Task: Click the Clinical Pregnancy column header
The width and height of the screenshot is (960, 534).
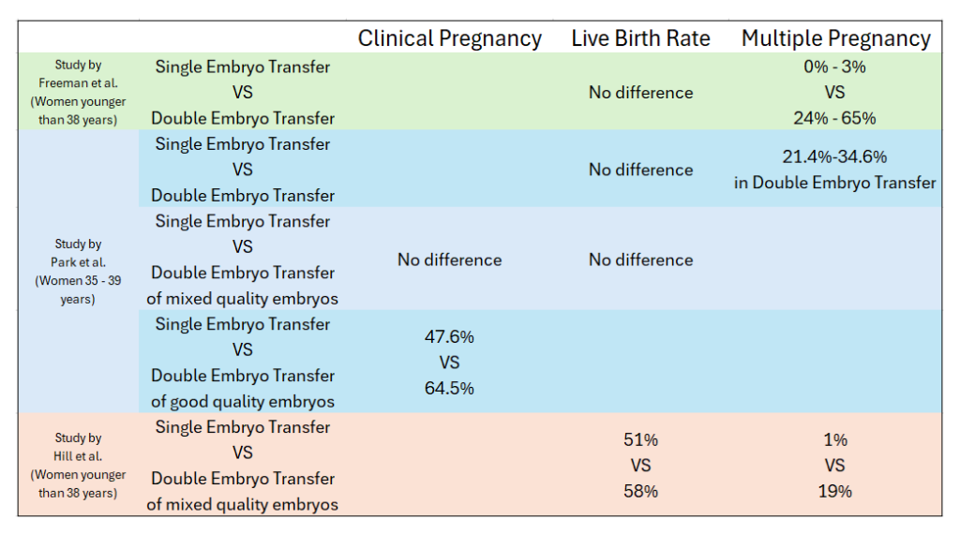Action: (x=449, y=38)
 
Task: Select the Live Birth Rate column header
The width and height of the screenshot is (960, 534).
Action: (x=640, y=38)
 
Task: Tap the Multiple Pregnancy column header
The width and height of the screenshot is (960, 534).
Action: (x=835, y=38)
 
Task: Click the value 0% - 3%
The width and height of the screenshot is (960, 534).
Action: (x=834, y=67)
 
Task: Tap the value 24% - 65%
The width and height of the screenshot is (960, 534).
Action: (x=834, y=118)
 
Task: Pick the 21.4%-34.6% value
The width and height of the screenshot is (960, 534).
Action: (x=834, y=156)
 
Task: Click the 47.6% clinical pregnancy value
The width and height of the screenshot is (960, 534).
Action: (x=449, y=336)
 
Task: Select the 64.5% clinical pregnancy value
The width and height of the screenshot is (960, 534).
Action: (x=449, y=388)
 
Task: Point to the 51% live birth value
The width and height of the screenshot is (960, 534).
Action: (x=640, y=439)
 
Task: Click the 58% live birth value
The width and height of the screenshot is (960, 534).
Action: (x=640, y=491)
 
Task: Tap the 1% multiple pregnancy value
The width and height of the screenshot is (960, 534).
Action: (x=834, y=439)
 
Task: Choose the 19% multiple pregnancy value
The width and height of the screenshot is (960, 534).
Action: (x=834, y=491)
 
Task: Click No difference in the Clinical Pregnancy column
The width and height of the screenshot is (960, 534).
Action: (x=449, y=260)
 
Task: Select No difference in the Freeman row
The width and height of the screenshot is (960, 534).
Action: (x=640, y=93)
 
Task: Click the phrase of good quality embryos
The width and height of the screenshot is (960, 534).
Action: (x=242, y=401)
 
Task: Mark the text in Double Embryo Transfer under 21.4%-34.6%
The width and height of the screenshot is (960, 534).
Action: (x=834, y=183)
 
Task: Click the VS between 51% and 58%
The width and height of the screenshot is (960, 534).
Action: (x=640, y=466)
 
